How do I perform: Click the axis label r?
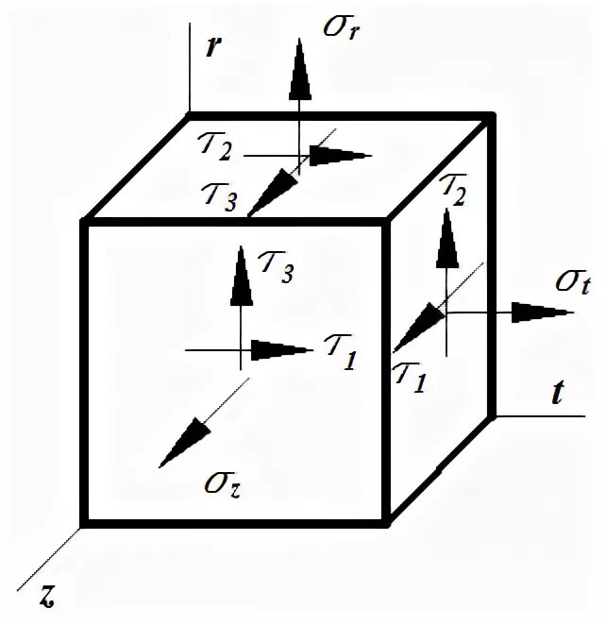click(x=214, y=48)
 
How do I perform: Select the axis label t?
click(x=558, y=395)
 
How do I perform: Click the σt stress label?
click(x=573, y=281)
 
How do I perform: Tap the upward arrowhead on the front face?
click(x=243, y=276)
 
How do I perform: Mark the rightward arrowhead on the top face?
click(x=339, y=156)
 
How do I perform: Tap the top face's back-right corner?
click(x=490, y=117)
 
